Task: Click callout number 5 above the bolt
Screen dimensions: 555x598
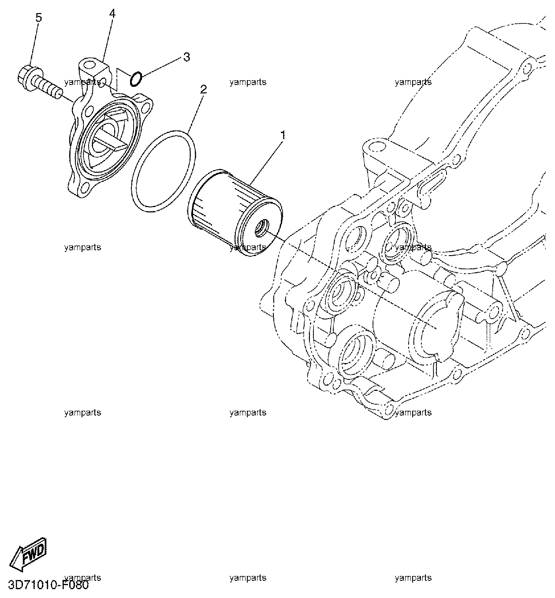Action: click(x=38, y=18)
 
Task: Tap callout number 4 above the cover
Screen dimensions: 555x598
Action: click(x=112, y=14)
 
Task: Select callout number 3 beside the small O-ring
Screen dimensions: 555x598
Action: click(x=187, y=57)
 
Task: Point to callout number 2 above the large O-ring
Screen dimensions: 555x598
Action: click(x=203, y=89)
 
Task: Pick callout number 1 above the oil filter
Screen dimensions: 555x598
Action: click(x=283, y=134)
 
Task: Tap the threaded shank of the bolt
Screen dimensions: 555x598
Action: click(x=48, y=87)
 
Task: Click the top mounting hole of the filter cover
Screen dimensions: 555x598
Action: click(x=88, y=65)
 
